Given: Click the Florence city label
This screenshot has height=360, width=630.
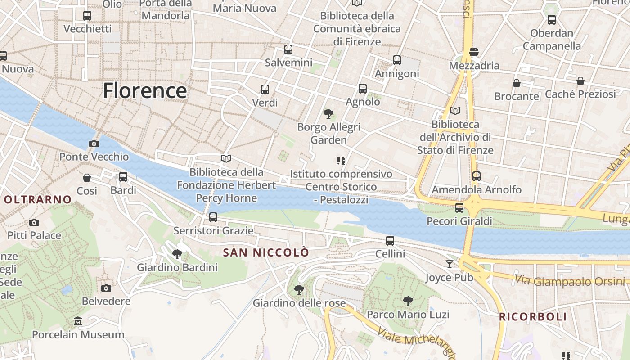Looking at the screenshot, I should [x=144, y=90].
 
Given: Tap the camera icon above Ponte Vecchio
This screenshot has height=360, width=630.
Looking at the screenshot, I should [x=94, y=144].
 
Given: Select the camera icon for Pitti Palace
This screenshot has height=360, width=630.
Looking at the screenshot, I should [x=34, y=222].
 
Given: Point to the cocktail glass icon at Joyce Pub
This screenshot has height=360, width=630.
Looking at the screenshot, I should [x=450, y=264].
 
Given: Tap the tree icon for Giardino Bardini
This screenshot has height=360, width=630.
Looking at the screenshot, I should [x=177, y=254].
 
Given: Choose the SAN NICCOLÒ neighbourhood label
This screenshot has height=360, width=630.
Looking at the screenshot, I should [x=266, y=252].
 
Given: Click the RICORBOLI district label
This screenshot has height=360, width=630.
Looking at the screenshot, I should [x=533, y=316].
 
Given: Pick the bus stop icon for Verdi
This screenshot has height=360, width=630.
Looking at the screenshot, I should [x=265, y=89].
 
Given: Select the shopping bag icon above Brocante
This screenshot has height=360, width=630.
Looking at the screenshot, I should [x=517, y=83].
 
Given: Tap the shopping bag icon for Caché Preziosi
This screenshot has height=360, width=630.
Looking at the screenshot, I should [x=580, y=81].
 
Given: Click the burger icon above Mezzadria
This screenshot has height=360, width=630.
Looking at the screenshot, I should [x=473, y=52].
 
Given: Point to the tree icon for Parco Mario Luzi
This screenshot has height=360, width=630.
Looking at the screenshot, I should [x=408, y=301].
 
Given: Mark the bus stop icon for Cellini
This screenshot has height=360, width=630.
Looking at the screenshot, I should [x=390, y=241].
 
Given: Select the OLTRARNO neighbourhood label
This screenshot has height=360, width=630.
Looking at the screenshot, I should [x=38, y=199].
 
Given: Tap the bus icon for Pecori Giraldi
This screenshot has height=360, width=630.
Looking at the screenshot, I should [x=459, y=208].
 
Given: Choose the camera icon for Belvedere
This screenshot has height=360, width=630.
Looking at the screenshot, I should [x=106, y=288].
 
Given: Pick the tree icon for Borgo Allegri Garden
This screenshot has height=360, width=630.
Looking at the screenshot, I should [x=328, y=114].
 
